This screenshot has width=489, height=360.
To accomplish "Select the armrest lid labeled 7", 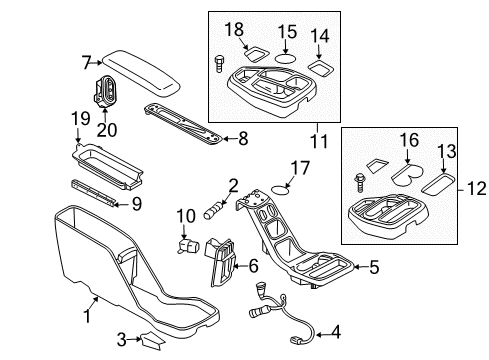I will [x=140, y=68].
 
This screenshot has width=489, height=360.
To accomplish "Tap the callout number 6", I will [x=254, y=265].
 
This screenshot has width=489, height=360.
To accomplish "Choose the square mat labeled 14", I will [x=322, y=67].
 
